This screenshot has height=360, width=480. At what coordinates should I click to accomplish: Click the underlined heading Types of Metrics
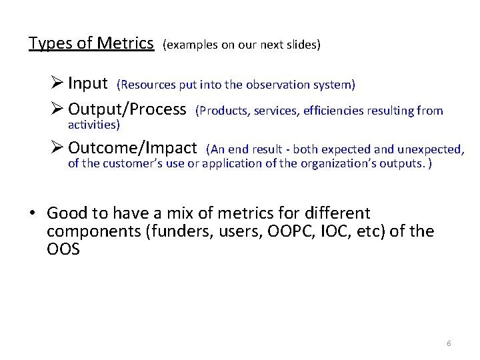click(x=91, y=43)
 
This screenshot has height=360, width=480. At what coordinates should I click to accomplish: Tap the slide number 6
click(x=449, y=343)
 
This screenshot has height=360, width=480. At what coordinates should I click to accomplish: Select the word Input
click(x=88, y=83)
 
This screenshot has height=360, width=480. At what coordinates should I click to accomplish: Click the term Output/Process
click(x=127, y=109)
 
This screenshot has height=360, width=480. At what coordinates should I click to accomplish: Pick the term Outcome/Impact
click(x=133, y=148)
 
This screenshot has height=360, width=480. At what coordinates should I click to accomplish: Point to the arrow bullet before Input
click(x=57, y=84)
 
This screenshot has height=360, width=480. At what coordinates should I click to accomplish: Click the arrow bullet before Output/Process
click(x=57, y=110)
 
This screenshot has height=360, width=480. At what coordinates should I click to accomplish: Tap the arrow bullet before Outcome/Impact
click(x=57, y=149)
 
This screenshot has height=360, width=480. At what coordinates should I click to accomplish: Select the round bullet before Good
click(x=32, y=214)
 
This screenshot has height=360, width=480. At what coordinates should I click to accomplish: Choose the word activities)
click(x=94, y=125)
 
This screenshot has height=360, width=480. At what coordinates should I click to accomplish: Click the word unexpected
click(x=433, y=149)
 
